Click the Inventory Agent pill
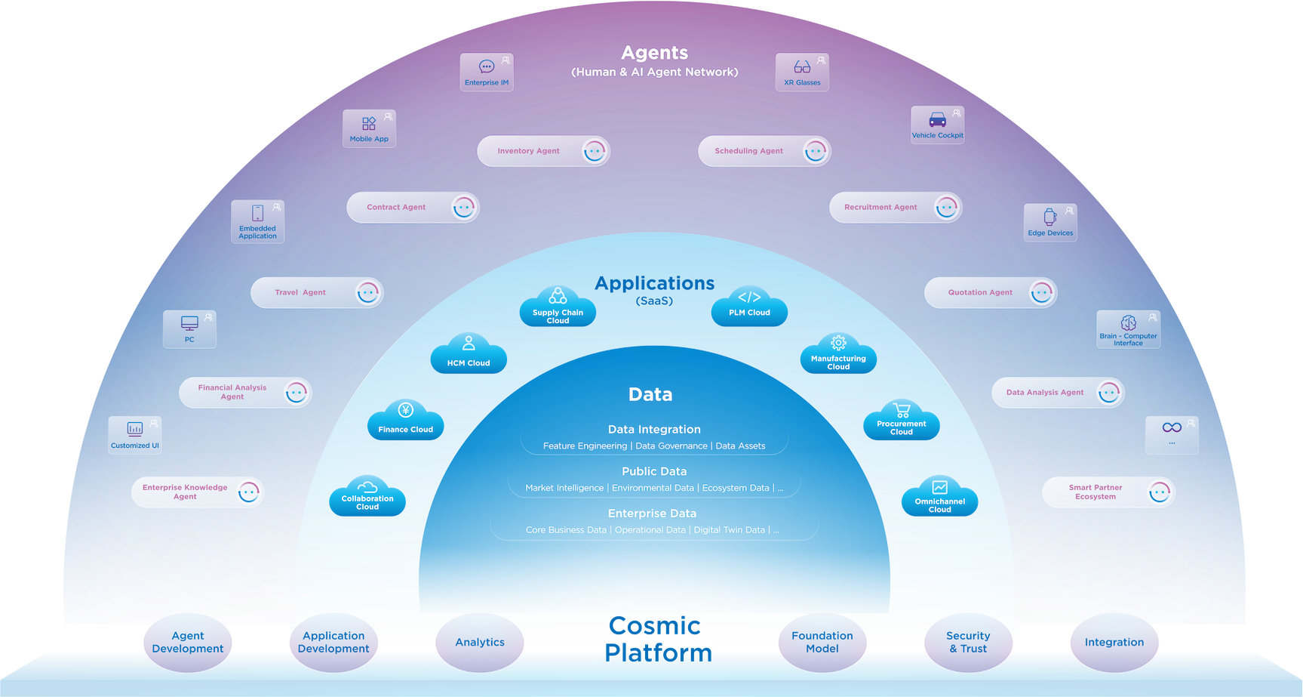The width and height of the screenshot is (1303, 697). point(542,151)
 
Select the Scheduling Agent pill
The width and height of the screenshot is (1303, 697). point(764,151)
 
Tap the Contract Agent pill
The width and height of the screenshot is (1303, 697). point(412,207)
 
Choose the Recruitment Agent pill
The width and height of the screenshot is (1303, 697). point(895,207)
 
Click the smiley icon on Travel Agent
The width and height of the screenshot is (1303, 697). point(367,292)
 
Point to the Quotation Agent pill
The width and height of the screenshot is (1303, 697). point(990,292)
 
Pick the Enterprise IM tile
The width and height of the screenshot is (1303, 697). point(487,72)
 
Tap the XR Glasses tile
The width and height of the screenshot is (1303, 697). point(802,72)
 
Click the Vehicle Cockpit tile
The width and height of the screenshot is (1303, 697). point(937,125)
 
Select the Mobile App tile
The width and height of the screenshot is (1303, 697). point(369,128)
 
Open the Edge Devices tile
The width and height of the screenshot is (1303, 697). point(1050,222)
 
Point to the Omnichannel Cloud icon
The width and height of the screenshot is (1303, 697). point(939,498)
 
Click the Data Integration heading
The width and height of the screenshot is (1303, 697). point(654,429)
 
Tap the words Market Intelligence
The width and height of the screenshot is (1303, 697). point(564,488)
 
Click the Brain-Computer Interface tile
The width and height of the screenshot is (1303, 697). point(1128,329)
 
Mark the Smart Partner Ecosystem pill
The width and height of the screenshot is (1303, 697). point(1108,492)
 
